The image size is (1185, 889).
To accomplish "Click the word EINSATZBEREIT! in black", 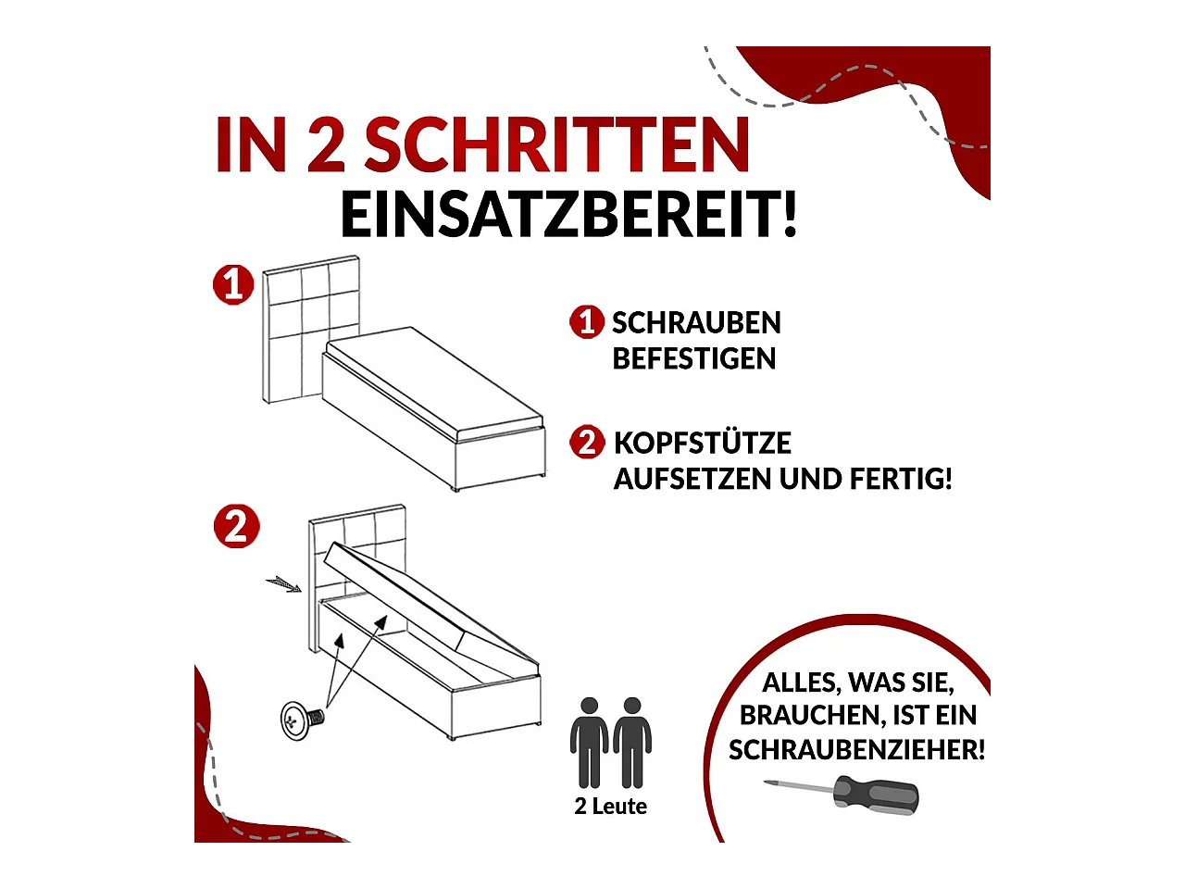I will [568, 215].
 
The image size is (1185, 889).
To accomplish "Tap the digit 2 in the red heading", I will [325, 145].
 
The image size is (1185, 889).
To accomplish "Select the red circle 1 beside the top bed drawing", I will [233, 284].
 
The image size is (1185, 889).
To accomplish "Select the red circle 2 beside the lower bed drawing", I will [236, 527].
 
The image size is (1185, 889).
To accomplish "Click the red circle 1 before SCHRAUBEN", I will [586, 322].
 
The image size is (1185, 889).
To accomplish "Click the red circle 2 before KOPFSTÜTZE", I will [587, 442].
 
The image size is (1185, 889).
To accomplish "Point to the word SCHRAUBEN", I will [696, 323].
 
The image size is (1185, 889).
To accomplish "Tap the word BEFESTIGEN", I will [693, 358].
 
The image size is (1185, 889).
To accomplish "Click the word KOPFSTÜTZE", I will [702, 443].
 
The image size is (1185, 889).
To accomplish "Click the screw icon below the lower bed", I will [301, 719].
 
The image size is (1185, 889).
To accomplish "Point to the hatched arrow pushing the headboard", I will [283, 583].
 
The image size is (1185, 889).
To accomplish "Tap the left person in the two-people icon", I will [589, 741].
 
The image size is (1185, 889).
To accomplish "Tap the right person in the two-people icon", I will [632, 741].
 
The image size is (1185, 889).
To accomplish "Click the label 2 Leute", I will [610, 806].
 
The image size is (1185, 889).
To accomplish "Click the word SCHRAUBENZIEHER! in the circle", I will [856, 749].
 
